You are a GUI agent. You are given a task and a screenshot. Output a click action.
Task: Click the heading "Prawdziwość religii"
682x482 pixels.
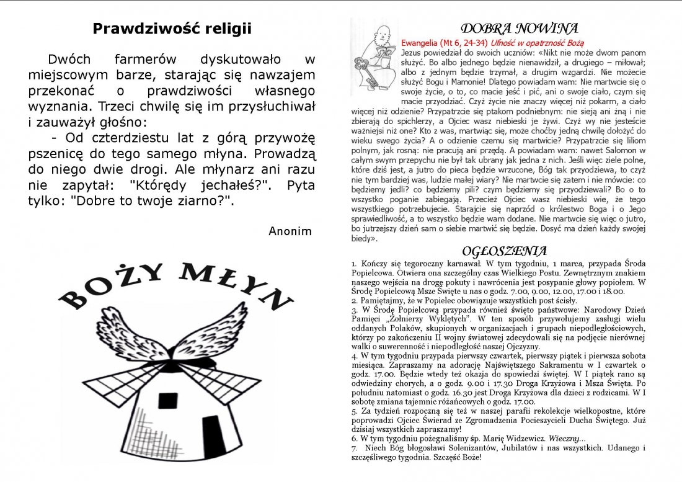click(172, 29)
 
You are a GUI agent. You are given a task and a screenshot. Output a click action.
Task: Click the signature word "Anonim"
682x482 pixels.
click(290, 231)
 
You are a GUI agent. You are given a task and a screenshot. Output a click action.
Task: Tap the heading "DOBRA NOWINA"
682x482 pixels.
click(520, 29)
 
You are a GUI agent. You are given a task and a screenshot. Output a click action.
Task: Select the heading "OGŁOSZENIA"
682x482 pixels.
click(505, 251)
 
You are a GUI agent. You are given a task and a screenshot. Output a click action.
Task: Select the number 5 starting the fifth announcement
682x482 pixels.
click(353, 411)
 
